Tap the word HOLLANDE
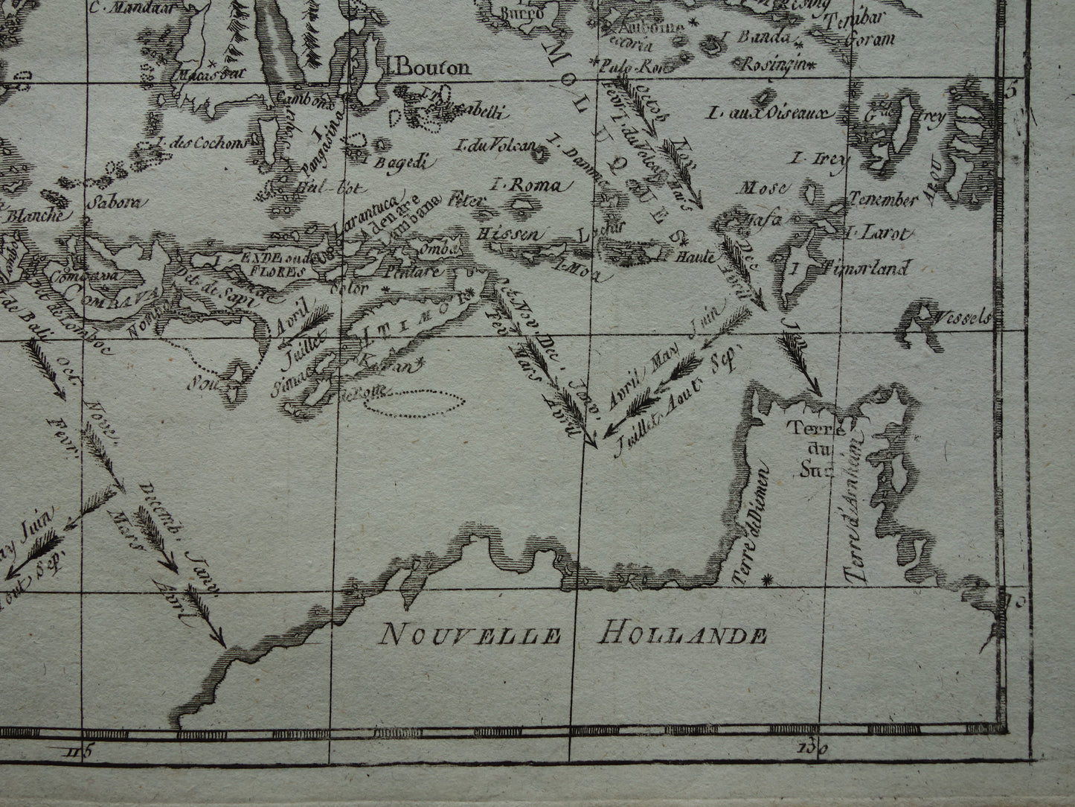pos(681,635)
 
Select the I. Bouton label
pos(429,68)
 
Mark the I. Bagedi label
pos(379,162)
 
